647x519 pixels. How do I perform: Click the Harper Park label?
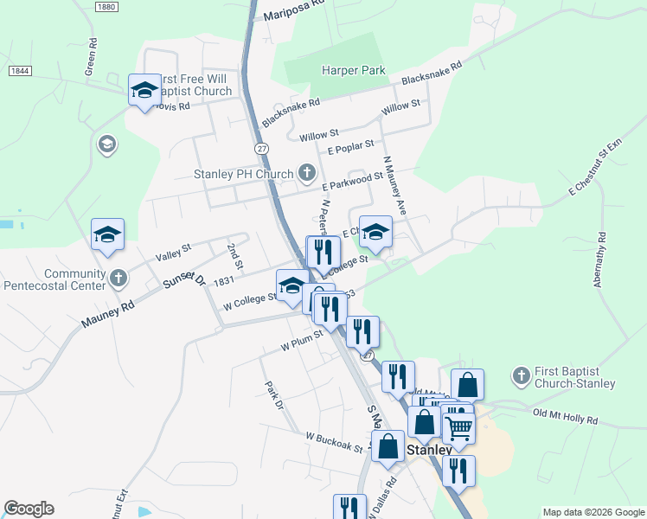pos(353,71)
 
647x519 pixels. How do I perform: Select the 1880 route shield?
pos(106,7)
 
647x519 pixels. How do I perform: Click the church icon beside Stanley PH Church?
pos(306,174)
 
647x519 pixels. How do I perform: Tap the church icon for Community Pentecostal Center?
pos(119,279)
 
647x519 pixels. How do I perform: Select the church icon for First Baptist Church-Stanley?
pos(520,375)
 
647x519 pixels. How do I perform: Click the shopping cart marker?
pos(458,426)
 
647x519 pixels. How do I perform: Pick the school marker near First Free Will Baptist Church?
pos(144,89)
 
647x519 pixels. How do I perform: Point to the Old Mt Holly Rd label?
pos(566,417)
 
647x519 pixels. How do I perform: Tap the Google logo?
pos(29,509)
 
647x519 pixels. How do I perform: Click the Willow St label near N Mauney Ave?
pos(400,107)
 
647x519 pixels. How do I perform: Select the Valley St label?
pos(173,253)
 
